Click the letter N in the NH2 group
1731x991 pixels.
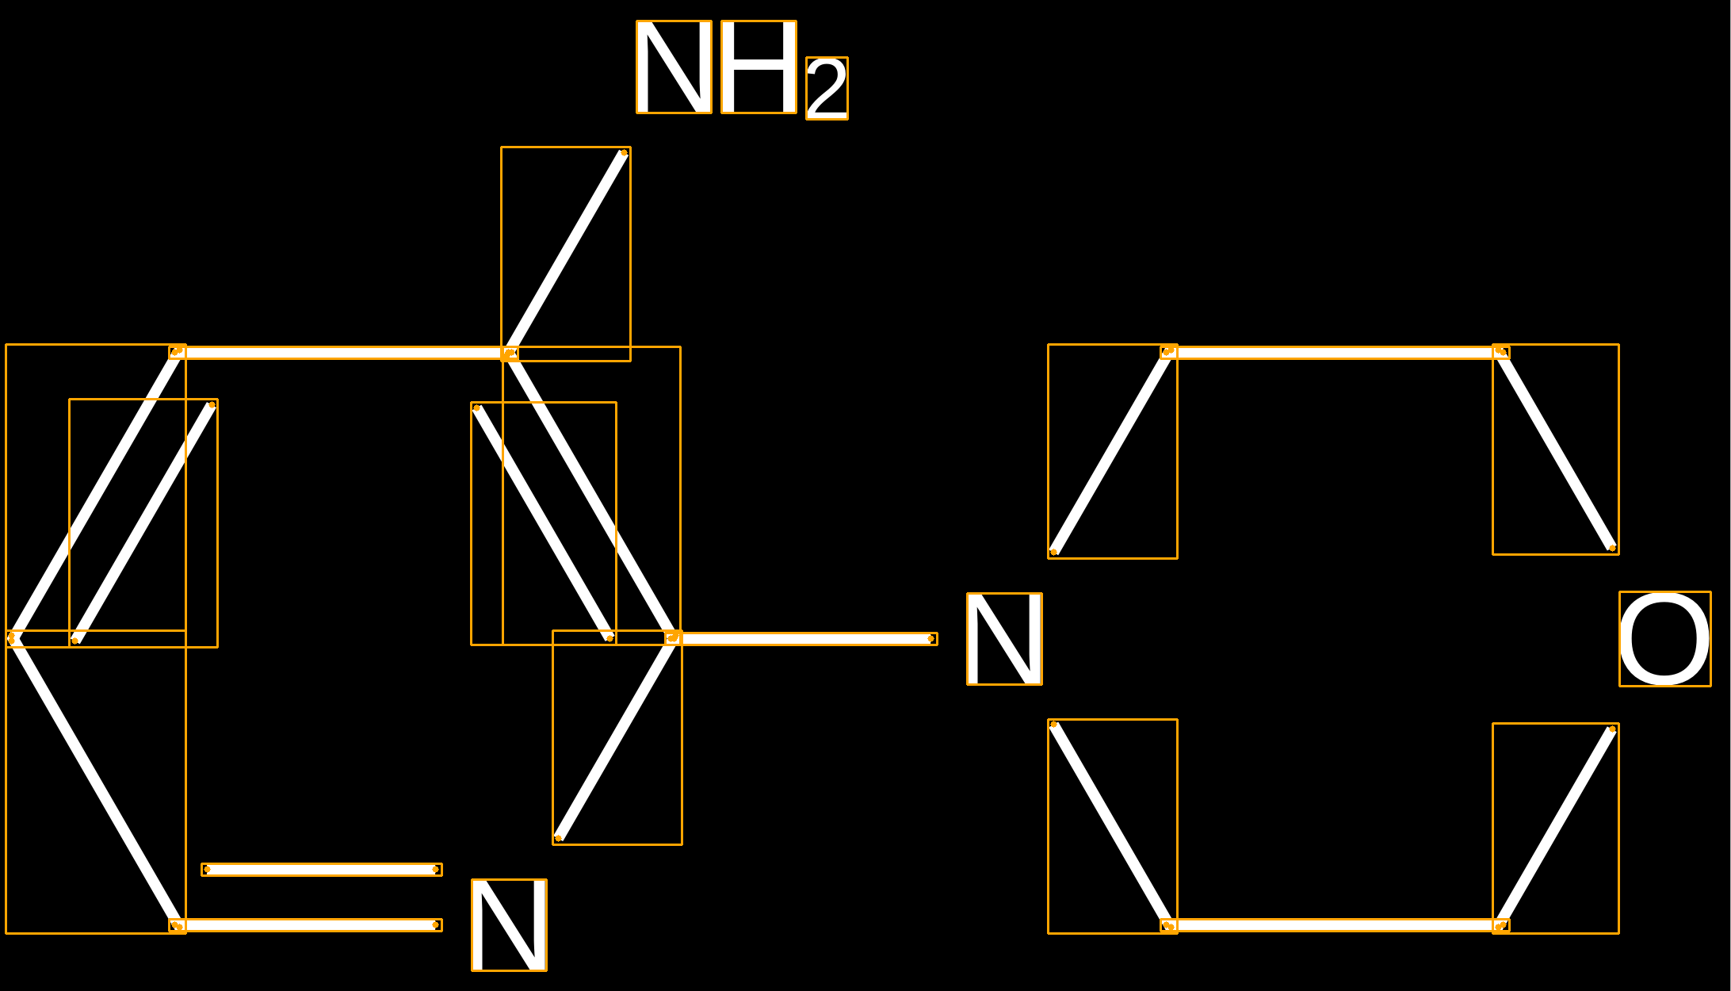674,67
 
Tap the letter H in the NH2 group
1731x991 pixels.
759,67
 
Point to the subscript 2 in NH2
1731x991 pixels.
827,89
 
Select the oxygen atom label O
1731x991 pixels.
1664,639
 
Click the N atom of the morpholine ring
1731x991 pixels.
1004,639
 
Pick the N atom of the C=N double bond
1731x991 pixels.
509,925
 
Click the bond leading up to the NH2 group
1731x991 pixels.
566,253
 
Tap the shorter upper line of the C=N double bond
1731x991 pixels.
322,870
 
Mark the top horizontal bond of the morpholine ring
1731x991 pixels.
1335,352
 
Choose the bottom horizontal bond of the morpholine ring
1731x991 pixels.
1335,925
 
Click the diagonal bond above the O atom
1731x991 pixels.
1556,450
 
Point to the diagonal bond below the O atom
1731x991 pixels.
1556,827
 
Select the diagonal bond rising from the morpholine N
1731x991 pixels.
1112,451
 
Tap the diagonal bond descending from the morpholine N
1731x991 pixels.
1112,825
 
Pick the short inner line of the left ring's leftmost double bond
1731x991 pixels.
143,522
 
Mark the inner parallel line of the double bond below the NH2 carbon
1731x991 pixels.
544,523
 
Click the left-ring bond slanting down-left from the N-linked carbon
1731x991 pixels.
616,738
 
